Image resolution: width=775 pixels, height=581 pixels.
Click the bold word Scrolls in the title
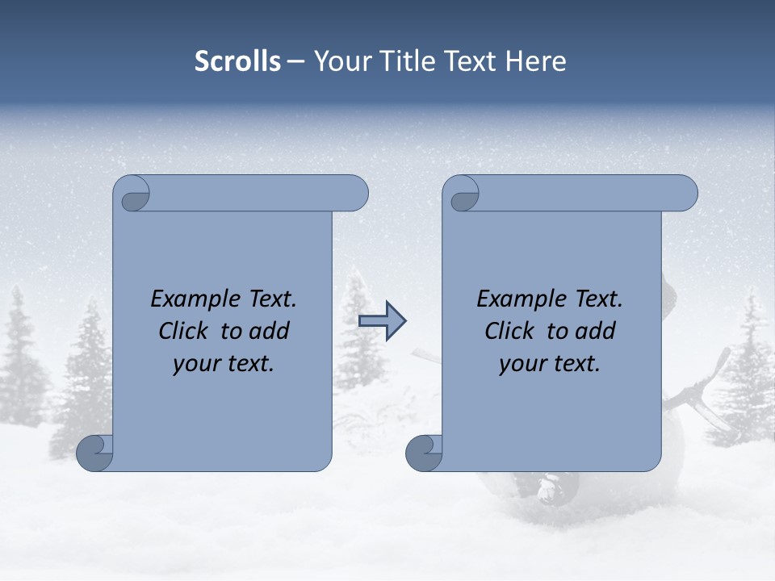(x=238, y=61)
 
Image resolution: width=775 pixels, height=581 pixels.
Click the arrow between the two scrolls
(x=382, y=320)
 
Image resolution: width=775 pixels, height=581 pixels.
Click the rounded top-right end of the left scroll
(x=355, y=194)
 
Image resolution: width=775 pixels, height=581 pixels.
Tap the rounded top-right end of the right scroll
(x=685, y=194)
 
